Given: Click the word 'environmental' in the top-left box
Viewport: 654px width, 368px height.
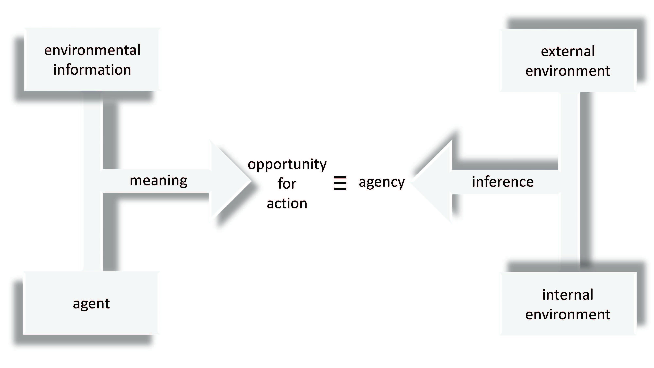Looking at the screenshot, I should click(92, 50).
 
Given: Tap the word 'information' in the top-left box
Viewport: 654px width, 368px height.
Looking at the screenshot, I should click(92, 70).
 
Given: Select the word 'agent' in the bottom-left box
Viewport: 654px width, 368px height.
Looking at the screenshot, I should click(91, 304).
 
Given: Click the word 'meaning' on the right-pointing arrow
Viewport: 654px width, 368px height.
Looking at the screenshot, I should click(158, 181).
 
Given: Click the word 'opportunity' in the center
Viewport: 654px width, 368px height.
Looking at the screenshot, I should click(287, 164).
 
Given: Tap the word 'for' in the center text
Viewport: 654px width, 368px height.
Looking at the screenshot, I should click(287, 183).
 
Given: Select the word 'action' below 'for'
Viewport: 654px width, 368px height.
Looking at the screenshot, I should click(287, 203).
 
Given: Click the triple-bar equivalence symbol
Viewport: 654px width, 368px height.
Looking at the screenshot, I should click(340, 183).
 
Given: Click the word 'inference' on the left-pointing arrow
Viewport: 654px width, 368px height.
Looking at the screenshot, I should click(503, 182).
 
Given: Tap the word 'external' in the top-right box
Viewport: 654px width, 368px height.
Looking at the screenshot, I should click(568, 51).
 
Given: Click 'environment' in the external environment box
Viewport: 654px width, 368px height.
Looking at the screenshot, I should click(568, 71).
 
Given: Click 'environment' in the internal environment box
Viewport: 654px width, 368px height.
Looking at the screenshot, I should click(568, 314).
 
